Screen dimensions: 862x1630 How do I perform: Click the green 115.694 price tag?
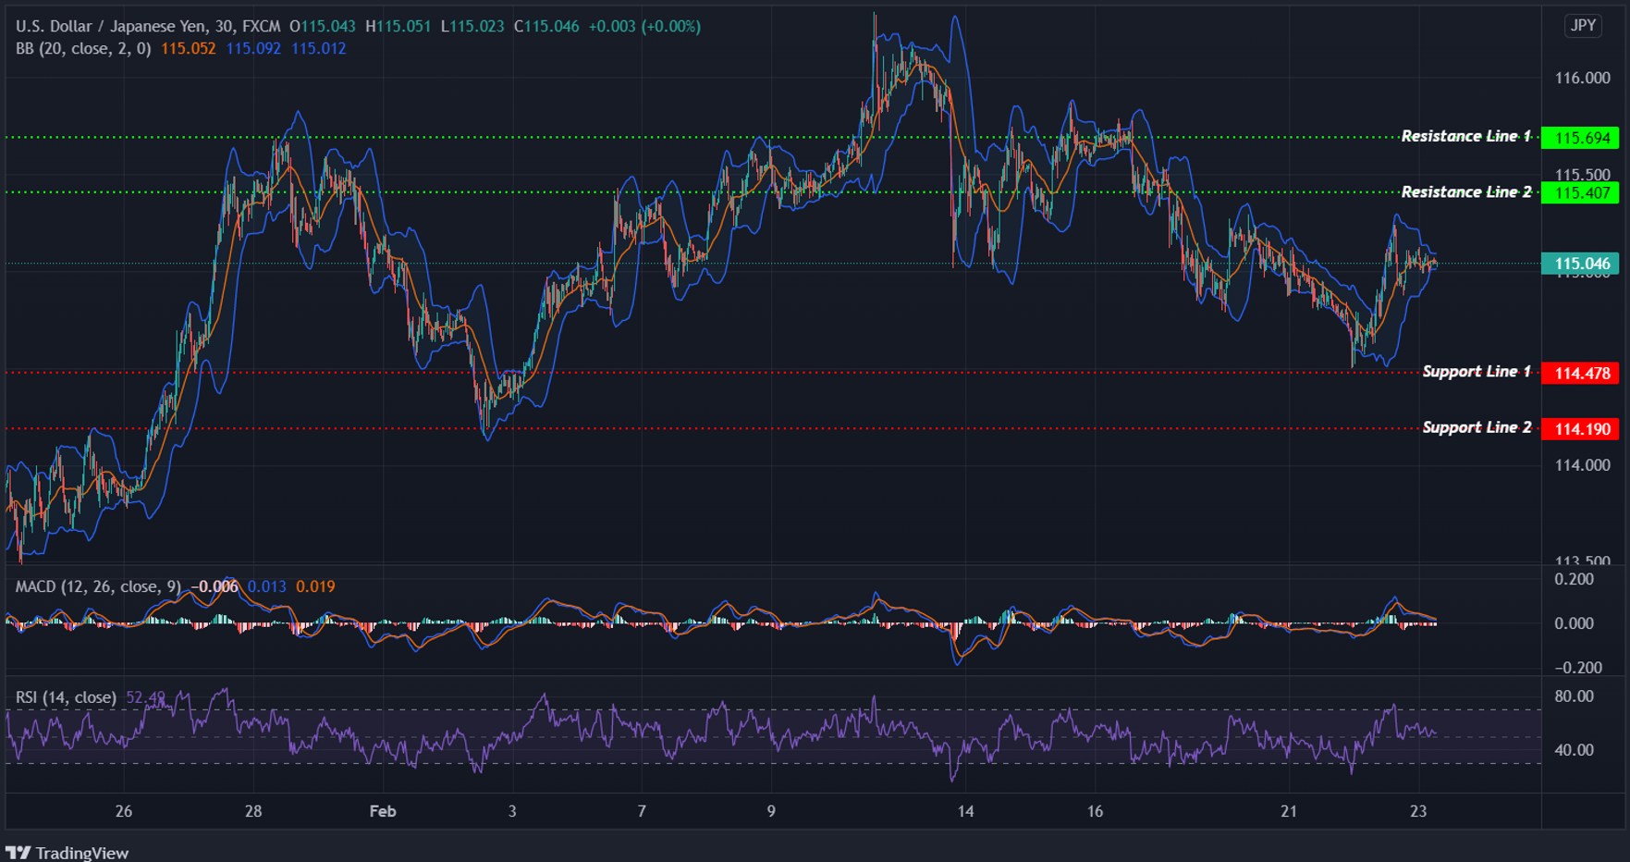1581,138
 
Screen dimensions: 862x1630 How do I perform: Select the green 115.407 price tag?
1581,193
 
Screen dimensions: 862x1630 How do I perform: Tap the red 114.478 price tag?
1581,374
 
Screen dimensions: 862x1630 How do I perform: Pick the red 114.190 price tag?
1581,429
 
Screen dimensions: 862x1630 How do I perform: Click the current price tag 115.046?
1581,264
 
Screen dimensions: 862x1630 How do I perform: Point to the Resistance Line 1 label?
1465,137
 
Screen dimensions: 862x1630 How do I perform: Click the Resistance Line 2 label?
1465,192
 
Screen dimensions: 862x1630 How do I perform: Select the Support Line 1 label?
1477,372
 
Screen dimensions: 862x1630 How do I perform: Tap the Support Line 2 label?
1477,427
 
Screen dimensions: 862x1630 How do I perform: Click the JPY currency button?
1583,26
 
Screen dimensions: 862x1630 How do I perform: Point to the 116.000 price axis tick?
1582,79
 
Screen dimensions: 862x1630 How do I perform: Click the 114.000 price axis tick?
1582,465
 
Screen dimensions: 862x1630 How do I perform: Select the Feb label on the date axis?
382,811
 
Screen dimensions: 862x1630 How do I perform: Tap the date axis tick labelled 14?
965,811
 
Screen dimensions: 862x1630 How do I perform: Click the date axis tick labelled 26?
124,811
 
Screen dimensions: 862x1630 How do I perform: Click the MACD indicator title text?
98,586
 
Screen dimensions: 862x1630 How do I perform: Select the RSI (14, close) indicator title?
66,697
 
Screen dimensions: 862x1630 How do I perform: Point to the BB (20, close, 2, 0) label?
83,48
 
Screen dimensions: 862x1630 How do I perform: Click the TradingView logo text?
81,853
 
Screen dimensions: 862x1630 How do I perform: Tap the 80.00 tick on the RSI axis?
1574,696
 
